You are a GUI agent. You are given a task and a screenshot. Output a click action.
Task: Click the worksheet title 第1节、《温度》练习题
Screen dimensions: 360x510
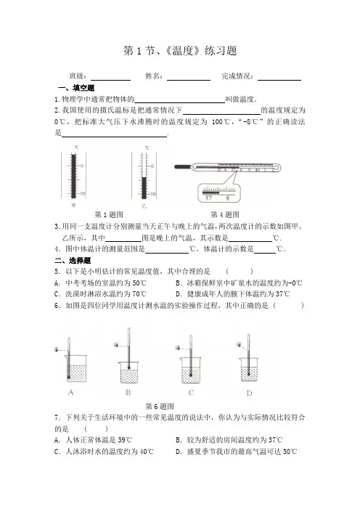180,51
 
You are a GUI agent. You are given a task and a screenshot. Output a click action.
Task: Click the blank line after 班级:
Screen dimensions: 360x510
110,80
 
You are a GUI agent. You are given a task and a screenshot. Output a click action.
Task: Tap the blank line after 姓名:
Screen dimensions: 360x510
189,80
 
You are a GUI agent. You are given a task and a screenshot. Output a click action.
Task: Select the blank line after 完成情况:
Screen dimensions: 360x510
279,80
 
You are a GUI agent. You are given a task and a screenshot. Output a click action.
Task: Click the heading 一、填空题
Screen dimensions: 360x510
76,88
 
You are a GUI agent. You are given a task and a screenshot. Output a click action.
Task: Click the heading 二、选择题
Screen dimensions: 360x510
73,261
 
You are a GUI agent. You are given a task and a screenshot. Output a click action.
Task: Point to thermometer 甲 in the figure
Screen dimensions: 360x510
73,176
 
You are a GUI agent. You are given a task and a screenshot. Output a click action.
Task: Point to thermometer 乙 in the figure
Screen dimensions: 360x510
144,176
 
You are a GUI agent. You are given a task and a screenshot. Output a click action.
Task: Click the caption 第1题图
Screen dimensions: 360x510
109,214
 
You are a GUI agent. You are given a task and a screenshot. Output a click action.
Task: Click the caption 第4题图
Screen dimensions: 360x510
225,214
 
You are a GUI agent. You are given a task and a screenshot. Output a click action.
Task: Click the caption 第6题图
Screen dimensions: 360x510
160,406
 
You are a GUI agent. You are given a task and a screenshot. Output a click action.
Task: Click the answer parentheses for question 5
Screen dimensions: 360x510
239,271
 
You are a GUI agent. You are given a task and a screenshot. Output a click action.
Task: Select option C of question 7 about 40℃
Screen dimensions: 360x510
104,451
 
